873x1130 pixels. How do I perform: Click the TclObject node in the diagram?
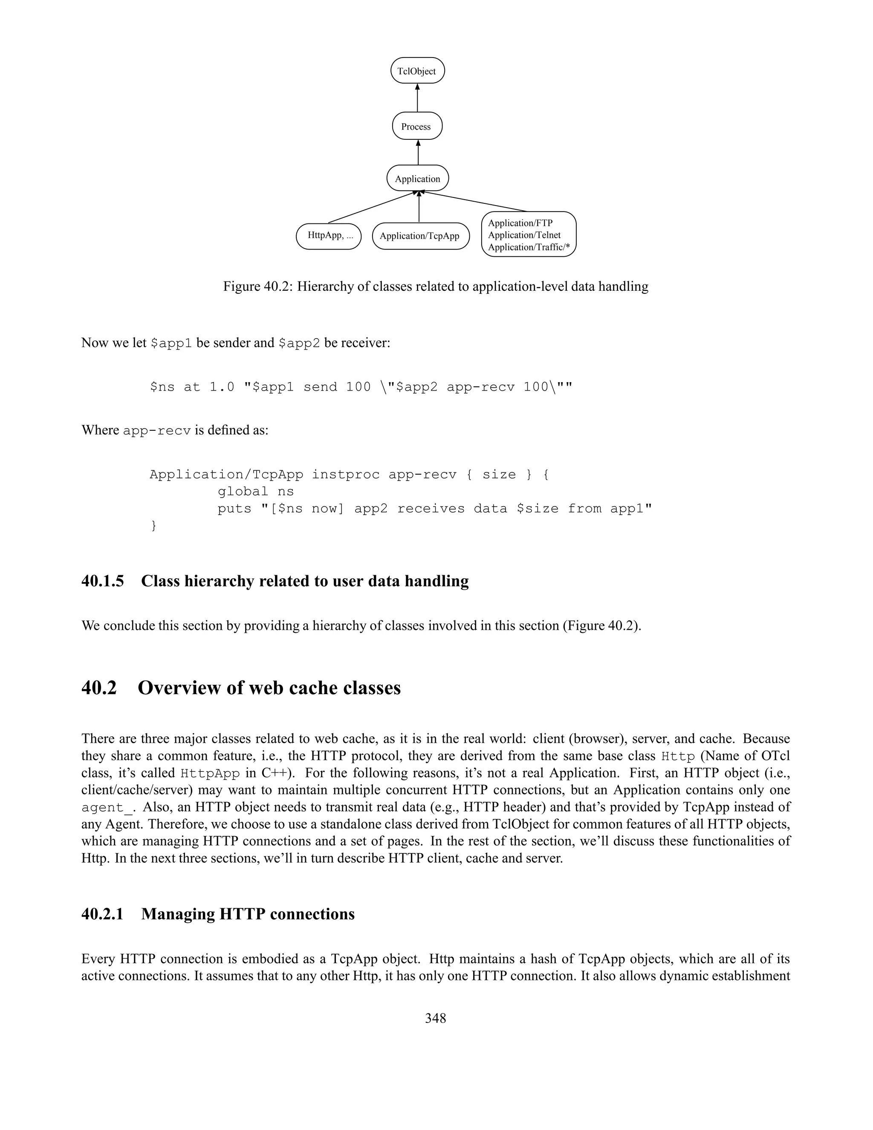417,71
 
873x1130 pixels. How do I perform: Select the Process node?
416,126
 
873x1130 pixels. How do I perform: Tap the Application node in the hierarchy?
417,179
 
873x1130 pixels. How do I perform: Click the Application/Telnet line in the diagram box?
524,235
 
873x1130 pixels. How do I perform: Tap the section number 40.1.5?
102,581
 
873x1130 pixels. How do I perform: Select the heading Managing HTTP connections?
248,914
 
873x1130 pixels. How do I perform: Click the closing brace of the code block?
153,526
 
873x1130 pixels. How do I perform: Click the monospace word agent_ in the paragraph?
107,808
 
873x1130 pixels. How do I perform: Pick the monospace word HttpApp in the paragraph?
210,774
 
